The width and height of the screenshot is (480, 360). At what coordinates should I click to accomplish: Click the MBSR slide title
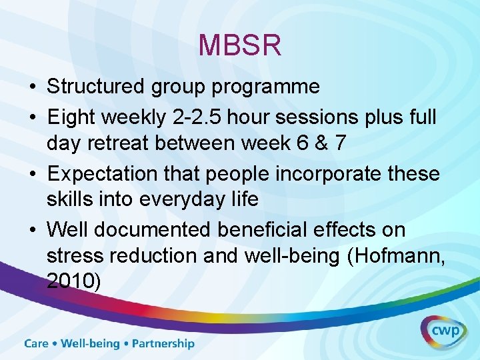coord(240,46)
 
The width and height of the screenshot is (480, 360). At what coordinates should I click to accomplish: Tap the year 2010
coord(71,281)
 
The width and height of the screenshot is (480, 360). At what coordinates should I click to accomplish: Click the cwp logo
coord(443,331)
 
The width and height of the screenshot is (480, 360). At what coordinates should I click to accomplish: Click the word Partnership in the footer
coord(163,344)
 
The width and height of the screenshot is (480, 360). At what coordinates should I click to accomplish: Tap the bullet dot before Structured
coord(32,87)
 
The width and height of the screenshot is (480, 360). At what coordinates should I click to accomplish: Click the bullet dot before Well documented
coord(32,230)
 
